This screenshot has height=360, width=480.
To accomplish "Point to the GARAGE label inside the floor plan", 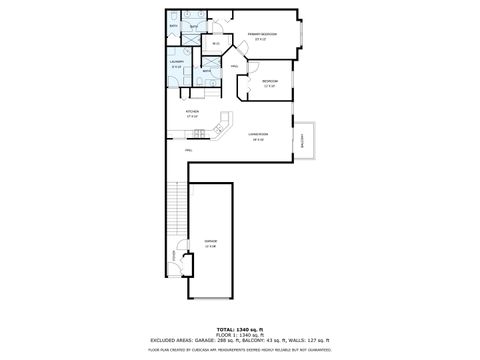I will pyautogui.click(x=210, y=241).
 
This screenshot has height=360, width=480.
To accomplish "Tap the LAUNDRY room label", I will pyautogui.click(x=176, y=63).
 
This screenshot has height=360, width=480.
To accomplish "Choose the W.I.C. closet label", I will pyautogui.click(x=216, y=43).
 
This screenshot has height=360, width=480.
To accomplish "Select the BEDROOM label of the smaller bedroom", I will pyautogui.click(x=269, y=80).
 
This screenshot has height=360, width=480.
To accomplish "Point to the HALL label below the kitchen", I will pyautogui.click(x=188, y=148).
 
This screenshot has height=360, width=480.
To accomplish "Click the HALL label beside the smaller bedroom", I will pyautogui.click(x=234, y=67).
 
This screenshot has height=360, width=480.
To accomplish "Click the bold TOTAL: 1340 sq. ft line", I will pyautogui.click(x=240, y=327).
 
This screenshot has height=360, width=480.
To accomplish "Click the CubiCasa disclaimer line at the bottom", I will pyautogui.click(x=240, y=350).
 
